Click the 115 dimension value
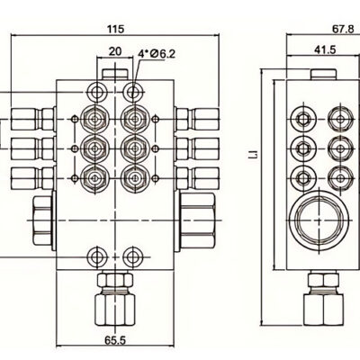(x=115, y=29)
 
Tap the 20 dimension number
(x=115, y=51)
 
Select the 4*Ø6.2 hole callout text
(x=157, y=54)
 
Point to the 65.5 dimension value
(x=115, y=340)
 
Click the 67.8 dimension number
(x=343, y=29)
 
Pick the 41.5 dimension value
(x=325, y=49)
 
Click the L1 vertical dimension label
(x=255, y=154)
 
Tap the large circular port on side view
(x=319, y=220)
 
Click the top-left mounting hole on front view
(x=97, y=91)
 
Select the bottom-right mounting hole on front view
(x=133, y=256)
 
